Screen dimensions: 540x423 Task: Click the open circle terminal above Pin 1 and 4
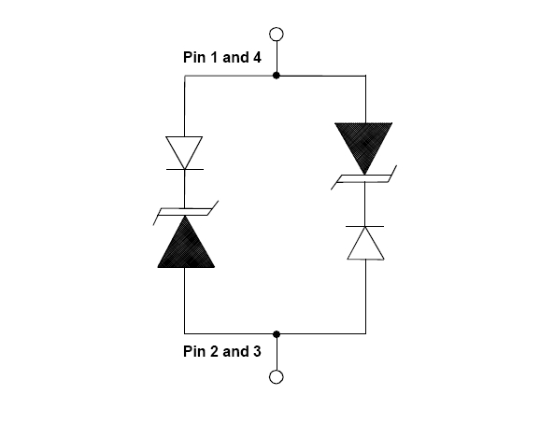point(277,35)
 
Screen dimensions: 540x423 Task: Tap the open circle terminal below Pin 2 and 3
point(277,376)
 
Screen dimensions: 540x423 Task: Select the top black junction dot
point(276,76)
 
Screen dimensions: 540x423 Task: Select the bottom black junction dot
point(276,334)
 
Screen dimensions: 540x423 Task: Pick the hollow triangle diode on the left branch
point(184,152)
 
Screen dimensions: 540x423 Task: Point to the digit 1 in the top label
point(214,57)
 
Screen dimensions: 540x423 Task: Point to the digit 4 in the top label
point(257,57)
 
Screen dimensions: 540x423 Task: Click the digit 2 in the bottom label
point(214,351)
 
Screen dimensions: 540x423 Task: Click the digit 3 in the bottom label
point(257,351)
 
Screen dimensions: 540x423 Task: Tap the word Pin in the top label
point(194,57)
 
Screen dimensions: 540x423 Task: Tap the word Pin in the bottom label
point(194,351)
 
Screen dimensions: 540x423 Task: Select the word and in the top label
point(236,57)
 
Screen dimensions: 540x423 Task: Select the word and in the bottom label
point(236,351)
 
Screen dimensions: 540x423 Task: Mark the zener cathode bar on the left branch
point(186,212)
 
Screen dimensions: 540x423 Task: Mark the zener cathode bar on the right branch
point(363,178)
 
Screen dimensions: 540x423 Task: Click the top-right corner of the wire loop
point(365,76)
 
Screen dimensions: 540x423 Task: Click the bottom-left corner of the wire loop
point(185,333)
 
